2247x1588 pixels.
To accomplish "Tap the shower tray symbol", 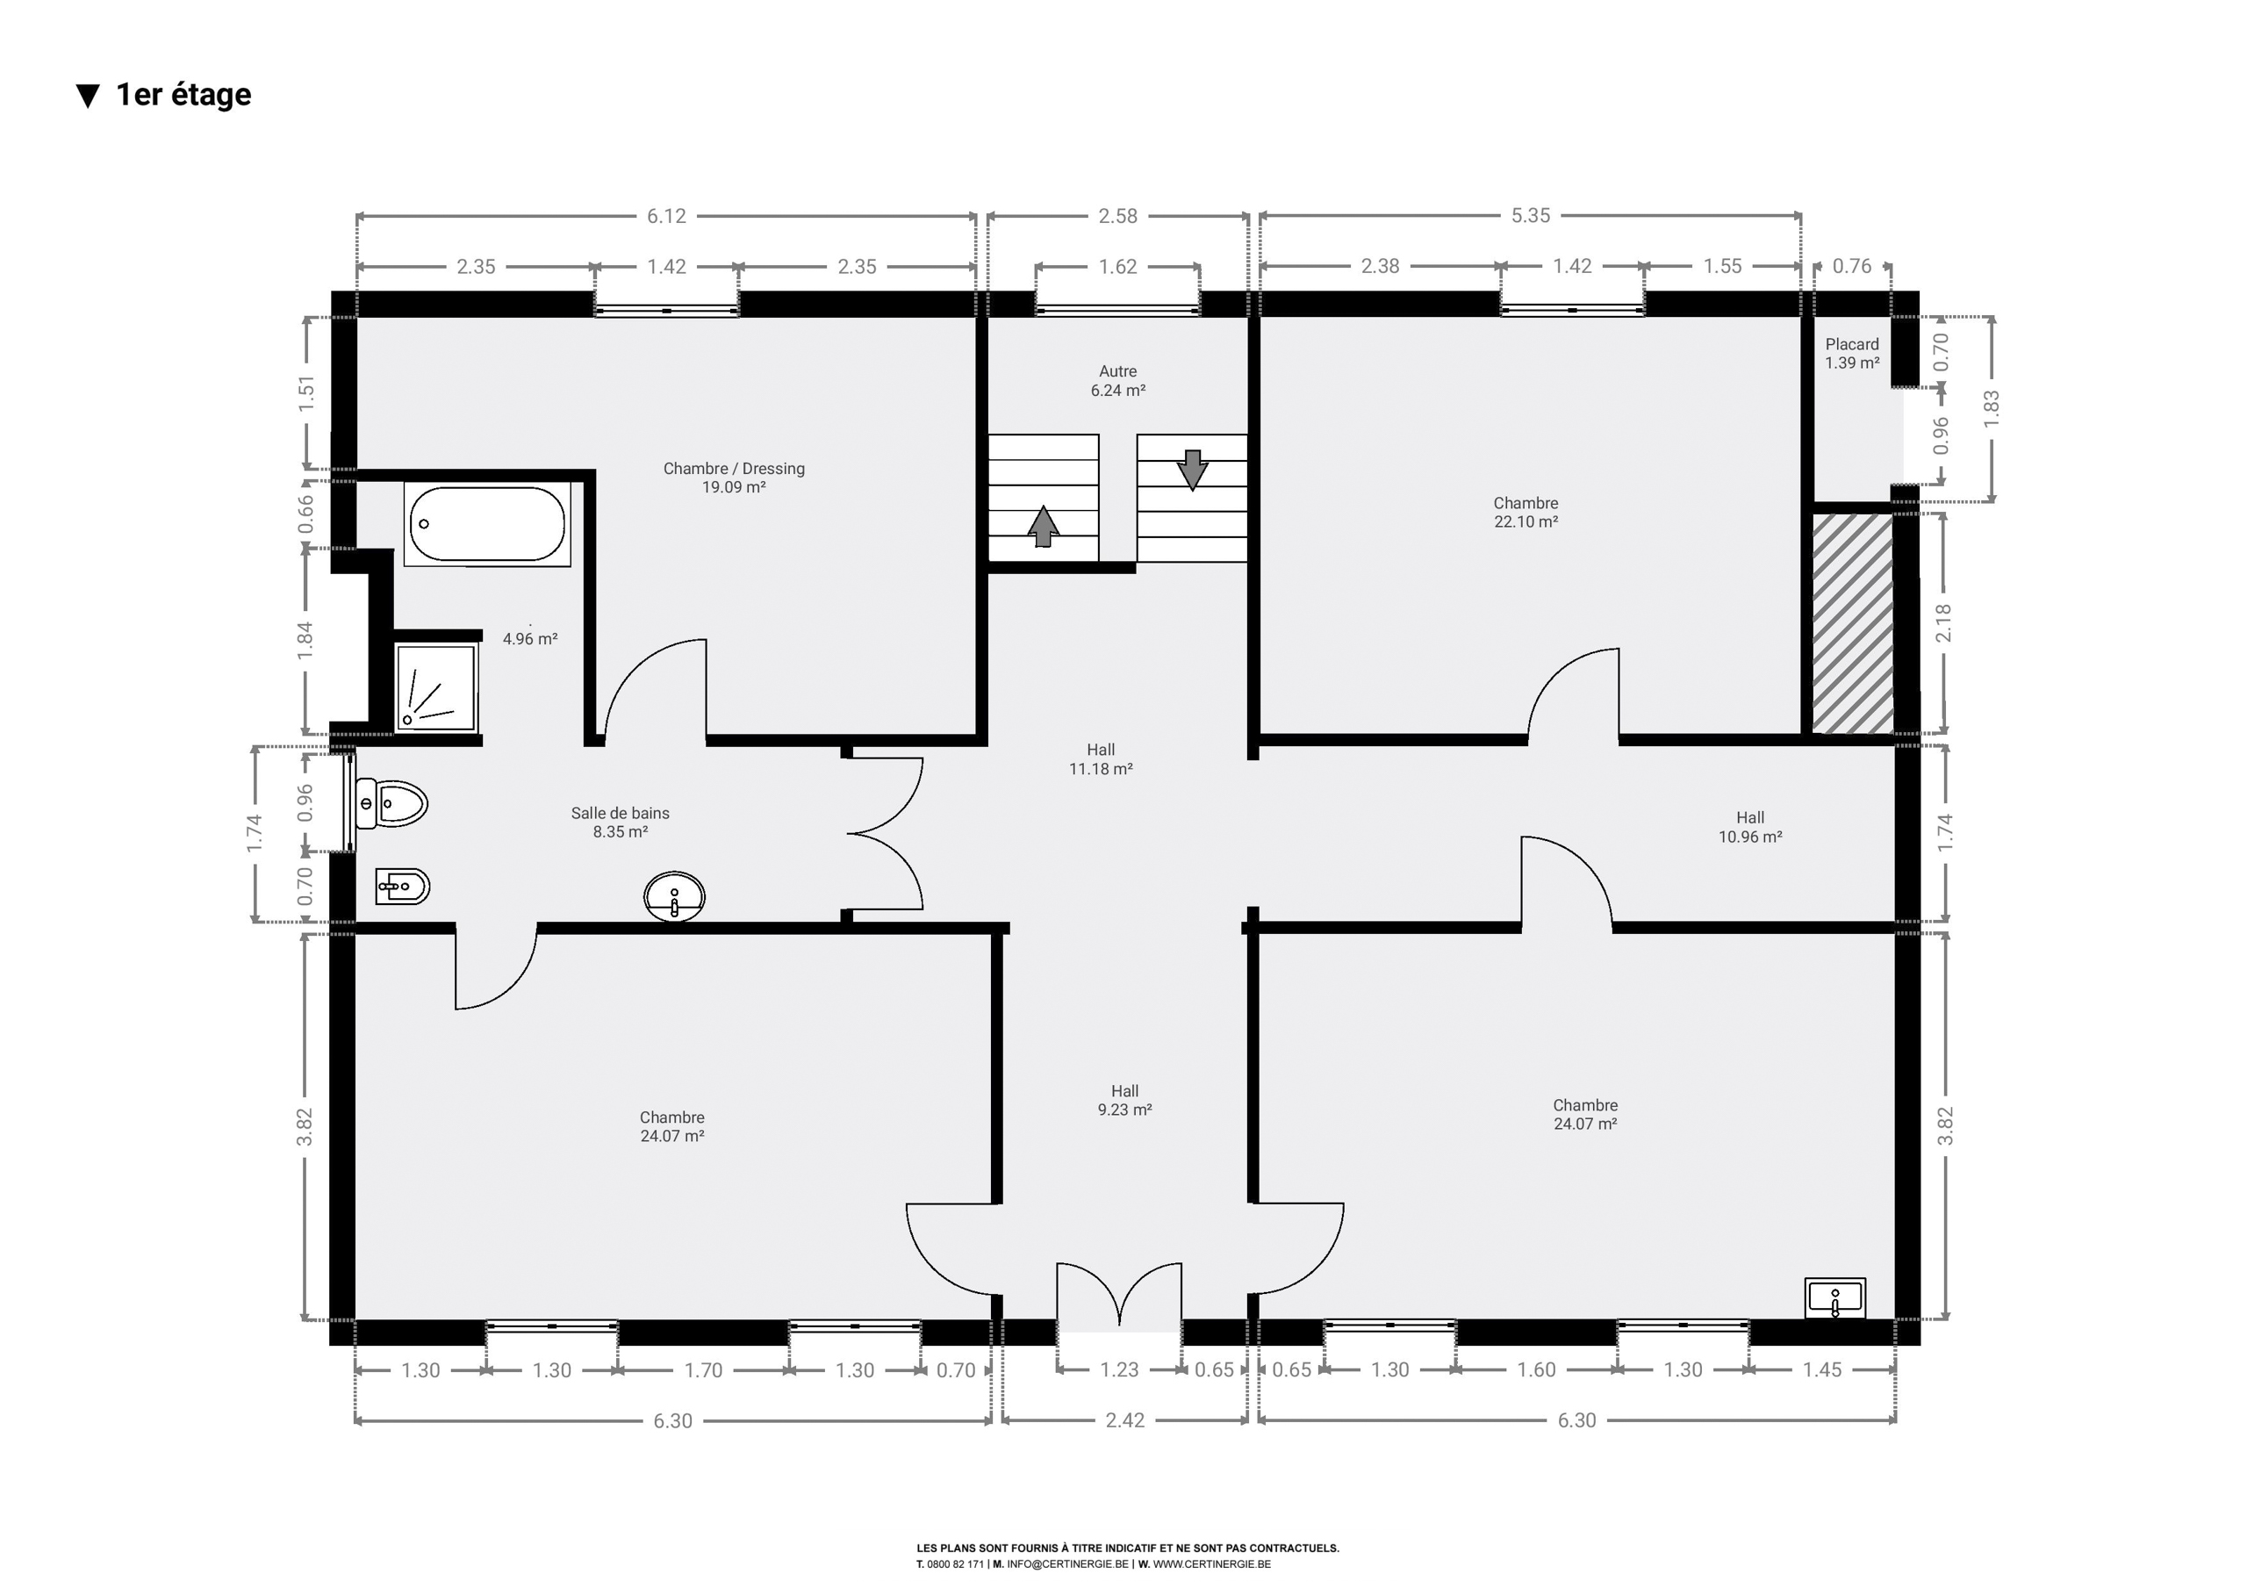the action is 434,686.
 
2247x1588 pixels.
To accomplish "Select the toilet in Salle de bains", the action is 391,804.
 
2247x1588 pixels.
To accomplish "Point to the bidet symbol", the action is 402,887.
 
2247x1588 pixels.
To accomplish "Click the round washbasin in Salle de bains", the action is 674,895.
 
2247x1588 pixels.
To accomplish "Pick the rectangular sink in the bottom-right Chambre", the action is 1835,1298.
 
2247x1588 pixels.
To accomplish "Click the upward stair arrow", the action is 1044,526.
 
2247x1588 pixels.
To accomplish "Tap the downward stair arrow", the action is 1192,470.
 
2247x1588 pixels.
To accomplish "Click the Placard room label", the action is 1852,354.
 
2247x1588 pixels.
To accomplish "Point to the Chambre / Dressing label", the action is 734,478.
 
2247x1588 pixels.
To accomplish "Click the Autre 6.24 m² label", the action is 1117,381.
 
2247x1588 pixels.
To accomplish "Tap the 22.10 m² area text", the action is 1526,521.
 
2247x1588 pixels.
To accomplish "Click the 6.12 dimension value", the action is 666,215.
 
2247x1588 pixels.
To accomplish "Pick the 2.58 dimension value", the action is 1117,215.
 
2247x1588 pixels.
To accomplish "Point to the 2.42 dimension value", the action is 1124,1420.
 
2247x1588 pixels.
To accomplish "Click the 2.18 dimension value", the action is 1943,622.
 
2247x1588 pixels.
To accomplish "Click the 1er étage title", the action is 183,94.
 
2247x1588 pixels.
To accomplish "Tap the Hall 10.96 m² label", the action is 1750,827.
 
